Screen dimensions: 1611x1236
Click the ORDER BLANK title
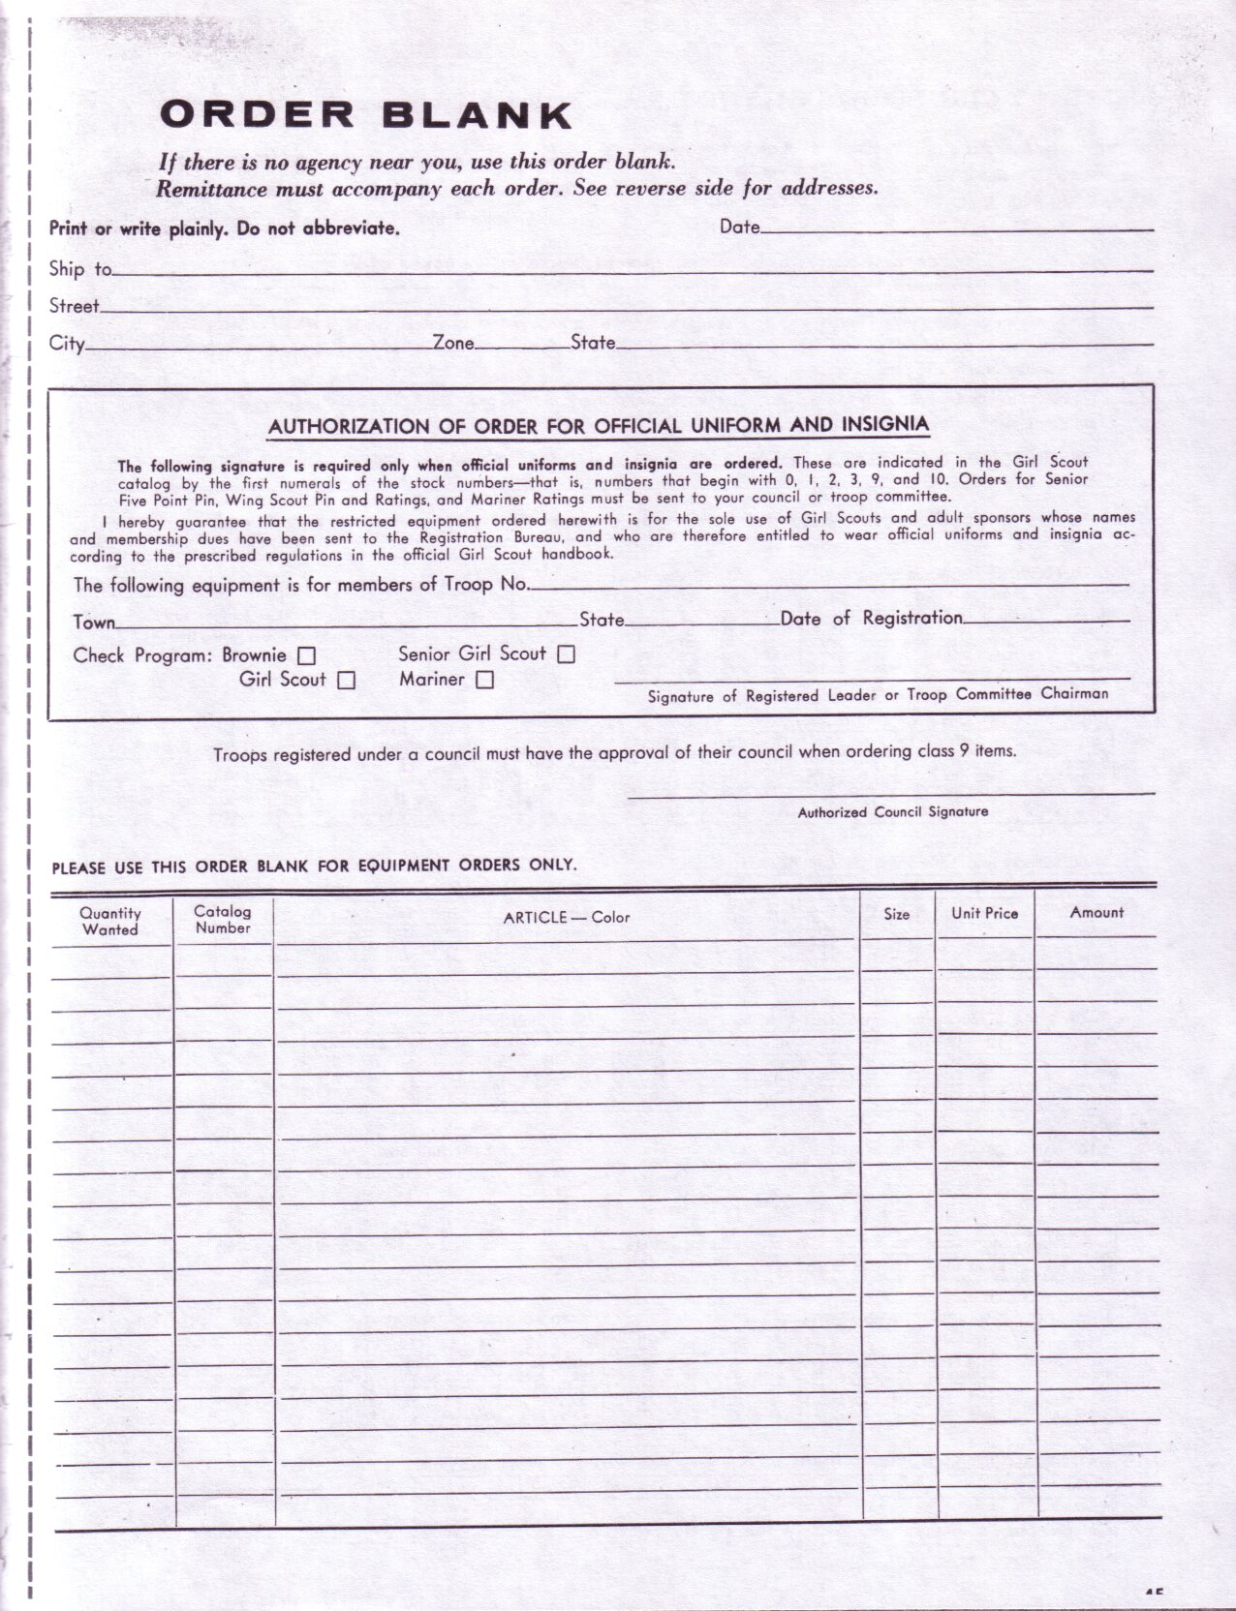coord(365,115)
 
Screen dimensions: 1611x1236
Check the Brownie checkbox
coord(306,655)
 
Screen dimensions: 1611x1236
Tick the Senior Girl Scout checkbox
coord(566,654)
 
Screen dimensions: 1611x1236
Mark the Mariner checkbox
coord(484,680)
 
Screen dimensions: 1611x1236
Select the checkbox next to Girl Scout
coord(346,681)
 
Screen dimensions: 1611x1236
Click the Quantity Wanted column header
coord(110,921)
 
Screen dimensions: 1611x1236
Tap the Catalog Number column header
coord(223,919)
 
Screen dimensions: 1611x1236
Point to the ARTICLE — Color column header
coord(567,917)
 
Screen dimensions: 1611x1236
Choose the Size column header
coord(896,913)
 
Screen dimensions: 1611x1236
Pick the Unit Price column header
coord(984,913)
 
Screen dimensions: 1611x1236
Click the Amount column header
coord(1097,912)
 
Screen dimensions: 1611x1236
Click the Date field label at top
coord(739,227)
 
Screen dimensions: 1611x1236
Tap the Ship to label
coord(80,269)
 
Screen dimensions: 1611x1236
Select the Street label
coord(75,306)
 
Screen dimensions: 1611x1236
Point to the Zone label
coord(453,342)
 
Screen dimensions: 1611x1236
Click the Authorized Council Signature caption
coord(892,811)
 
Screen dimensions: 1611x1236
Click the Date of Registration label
coord(871,618)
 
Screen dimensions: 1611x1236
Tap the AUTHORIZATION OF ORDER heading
coord(598,425)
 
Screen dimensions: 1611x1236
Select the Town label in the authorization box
coord(94,622)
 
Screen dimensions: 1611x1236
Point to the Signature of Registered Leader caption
coord(878,694)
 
